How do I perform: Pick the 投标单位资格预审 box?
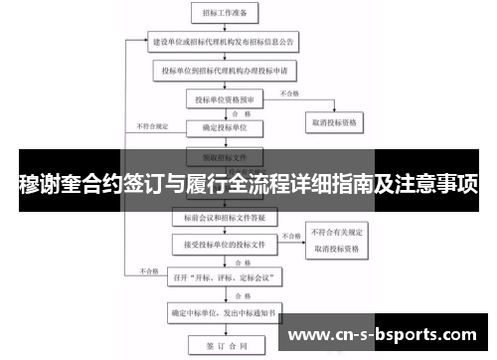(x=226, y=99)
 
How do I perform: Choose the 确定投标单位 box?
(x=226, y=127)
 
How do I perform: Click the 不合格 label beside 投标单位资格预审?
(x=290, y=93)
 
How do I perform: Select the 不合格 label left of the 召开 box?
(x=150, y=270)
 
